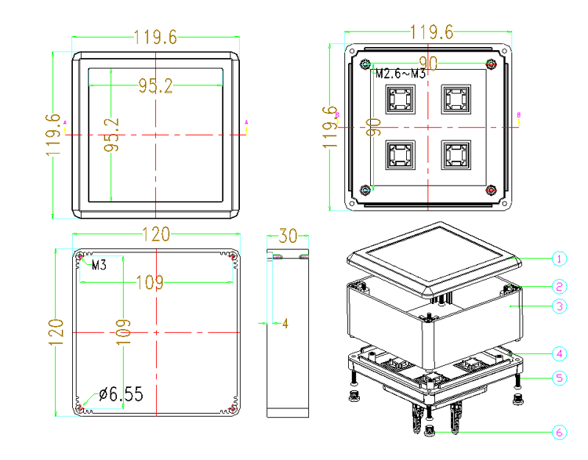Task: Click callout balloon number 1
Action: point(559,259)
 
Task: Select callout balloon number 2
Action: point(559,287)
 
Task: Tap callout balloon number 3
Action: point(559,306)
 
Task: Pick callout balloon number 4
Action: point(559,353)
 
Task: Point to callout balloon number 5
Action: point(559,378)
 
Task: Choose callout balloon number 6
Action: point(559,433)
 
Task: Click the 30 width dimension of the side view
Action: point(288,236)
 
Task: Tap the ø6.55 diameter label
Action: point(121,394)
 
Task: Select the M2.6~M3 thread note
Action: point(400,73)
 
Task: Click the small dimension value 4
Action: point(285,324)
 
